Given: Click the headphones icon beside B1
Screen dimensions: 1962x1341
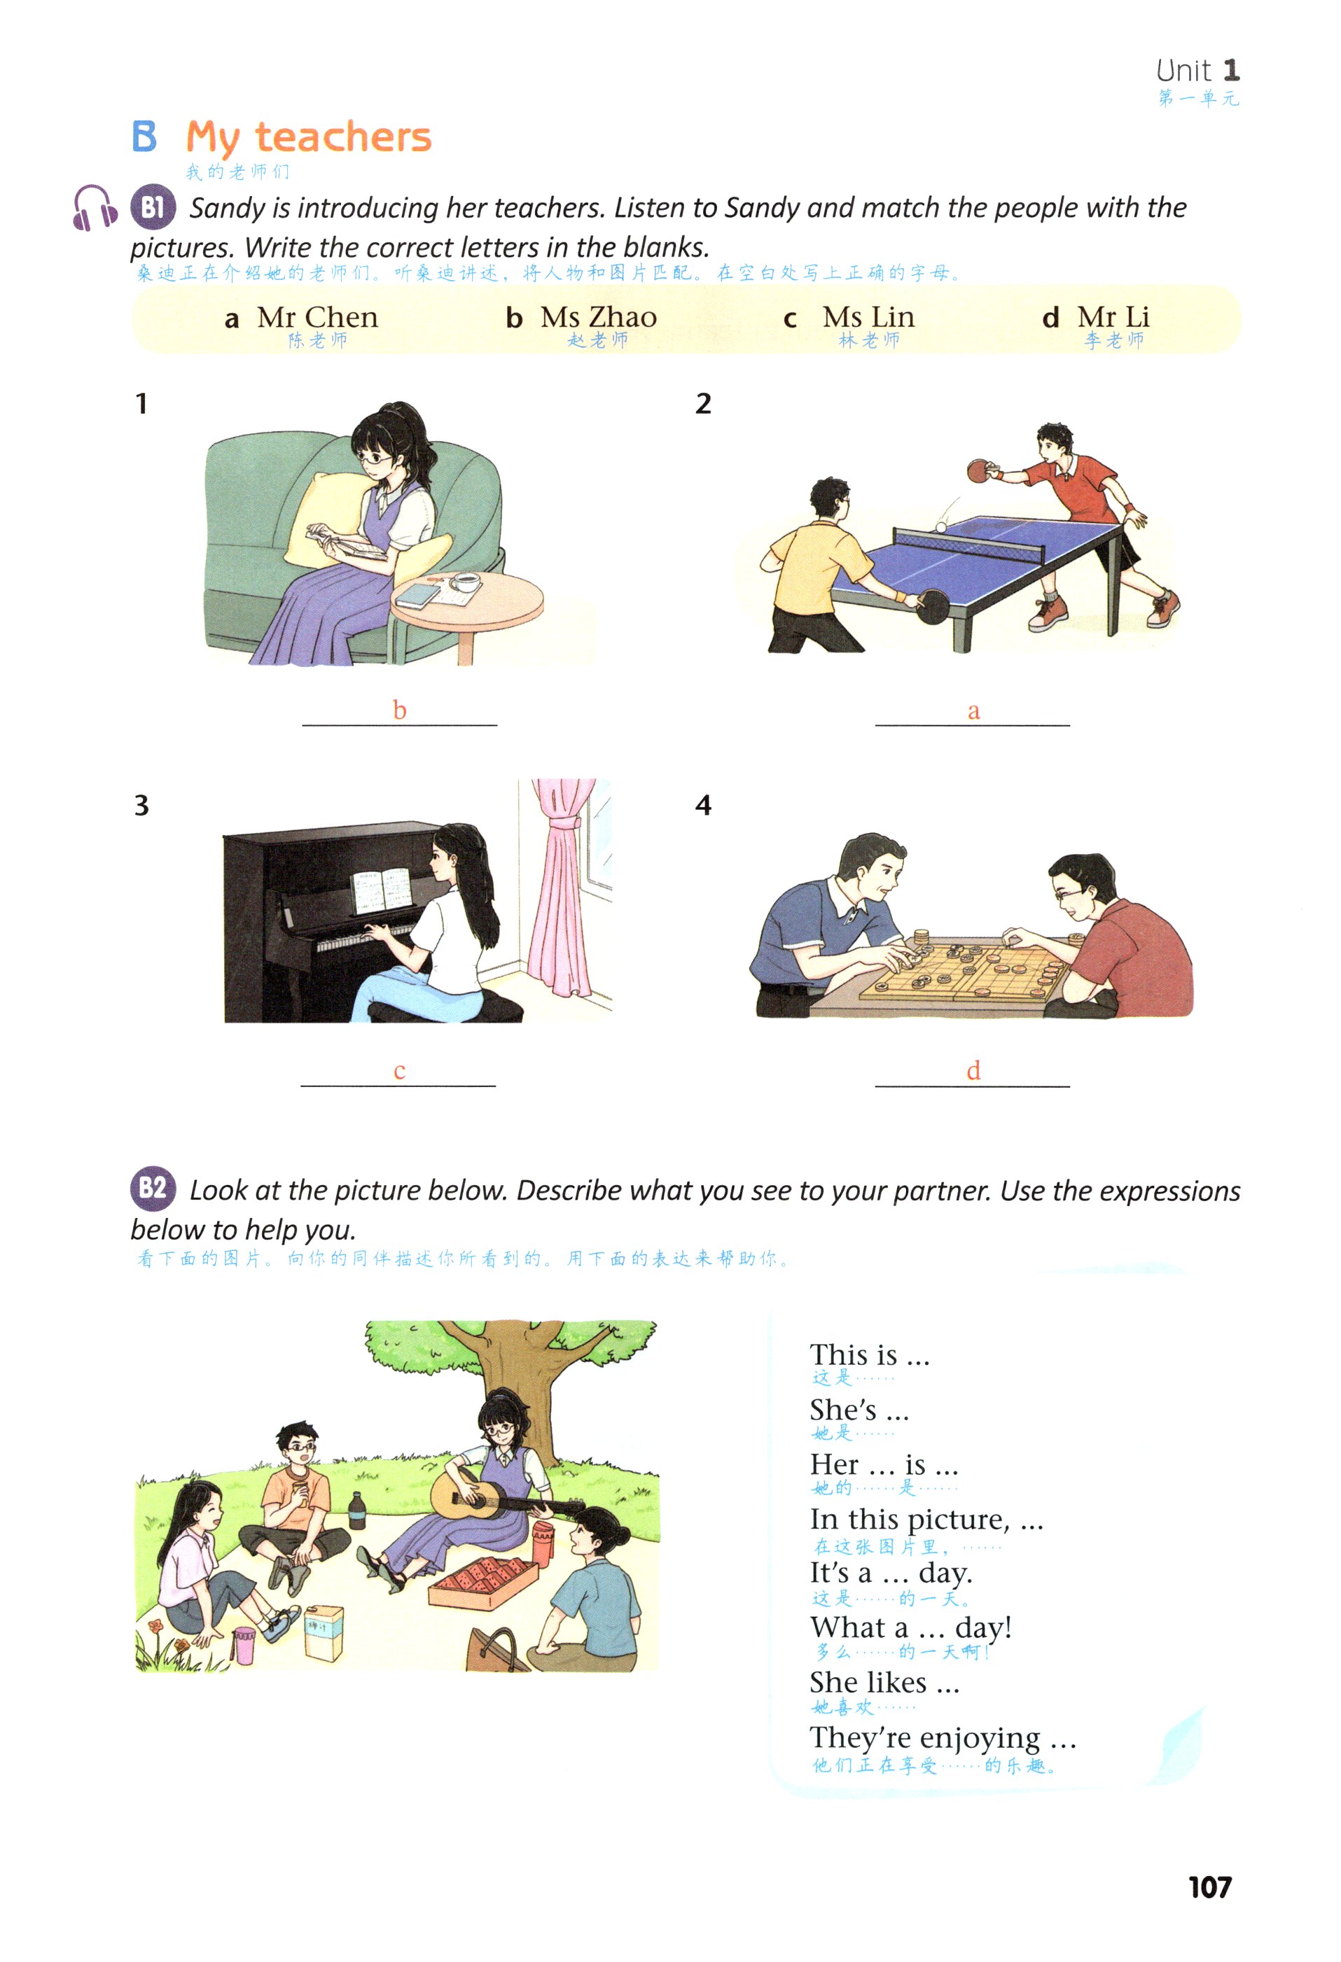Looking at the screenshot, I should point(95,208).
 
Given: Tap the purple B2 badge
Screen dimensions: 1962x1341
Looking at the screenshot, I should point(153,1188).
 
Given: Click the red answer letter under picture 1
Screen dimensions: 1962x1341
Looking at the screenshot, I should point(399,710).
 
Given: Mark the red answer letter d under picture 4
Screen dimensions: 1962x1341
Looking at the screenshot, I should point(973,1070).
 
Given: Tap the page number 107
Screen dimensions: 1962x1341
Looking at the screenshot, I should point(1209,1887).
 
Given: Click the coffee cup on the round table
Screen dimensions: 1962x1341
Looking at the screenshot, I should point(464,582).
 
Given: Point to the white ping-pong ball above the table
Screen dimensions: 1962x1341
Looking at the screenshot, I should point(940,527).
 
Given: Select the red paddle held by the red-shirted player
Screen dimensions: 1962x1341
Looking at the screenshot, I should point(980,470).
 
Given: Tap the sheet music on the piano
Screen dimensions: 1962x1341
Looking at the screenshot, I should point(382,890).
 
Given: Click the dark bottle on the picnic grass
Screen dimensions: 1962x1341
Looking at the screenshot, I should point(357,1511).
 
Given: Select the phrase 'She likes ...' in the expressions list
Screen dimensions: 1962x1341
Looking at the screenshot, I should point(884,1683).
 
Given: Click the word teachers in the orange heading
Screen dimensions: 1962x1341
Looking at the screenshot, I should point(343,136).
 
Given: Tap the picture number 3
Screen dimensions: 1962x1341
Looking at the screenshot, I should point(142,806).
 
